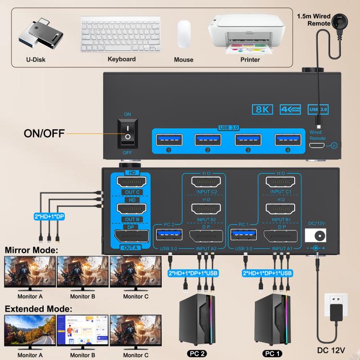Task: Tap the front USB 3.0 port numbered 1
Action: click(x=168, y=140)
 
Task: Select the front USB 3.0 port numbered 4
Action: click(x=288, y=140)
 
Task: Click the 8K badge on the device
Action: click(x=263, y=109)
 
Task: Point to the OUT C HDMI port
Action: click(x=131, y=183)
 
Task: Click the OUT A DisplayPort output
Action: click(x=131, y=237)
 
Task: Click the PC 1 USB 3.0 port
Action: click(x=243, y=235)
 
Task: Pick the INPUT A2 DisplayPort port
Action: click(x=206, y=236)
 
